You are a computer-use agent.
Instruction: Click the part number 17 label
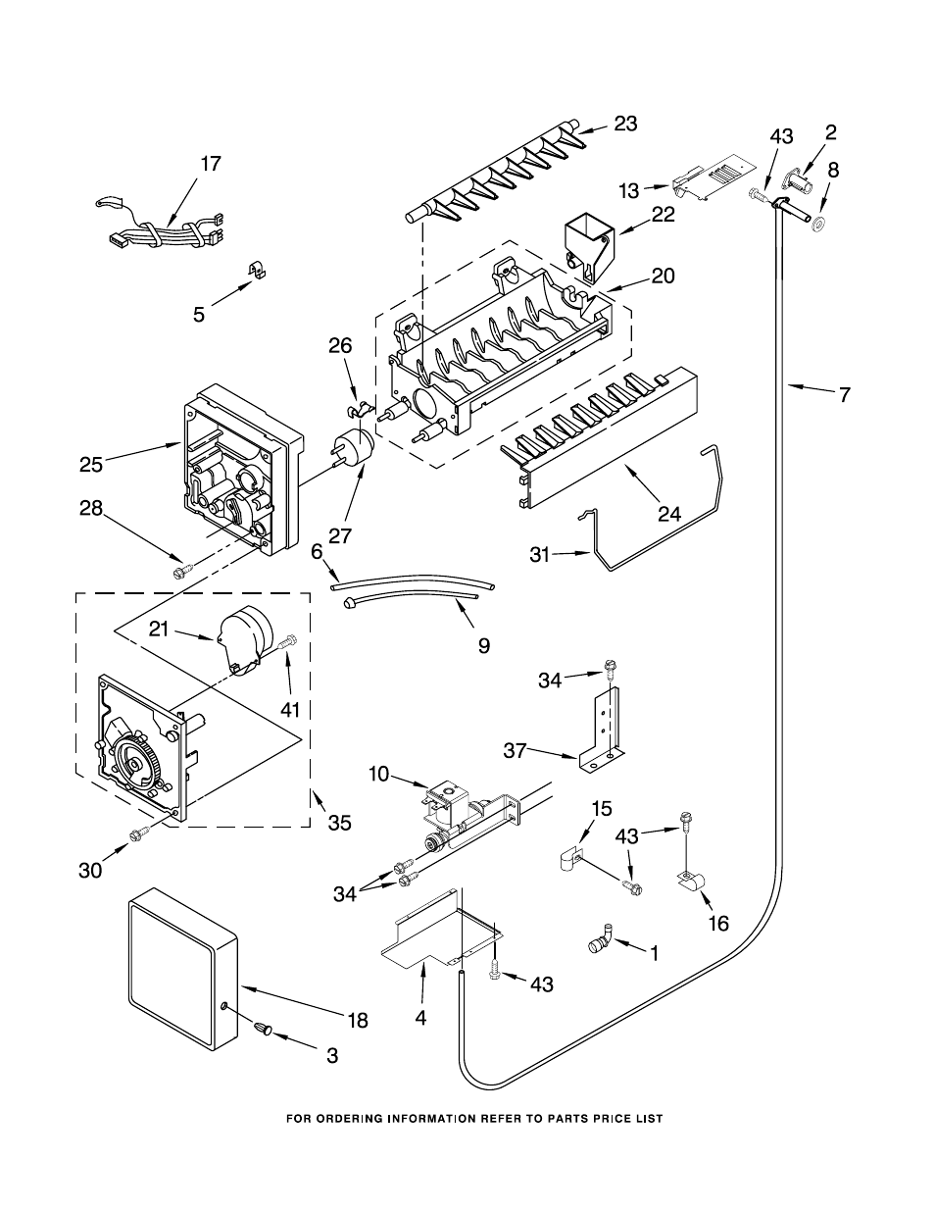[x=211, y=164]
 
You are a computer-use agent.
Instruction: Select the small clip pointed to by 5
[x=257, y=270]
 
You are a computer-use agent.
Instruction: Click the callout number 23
[x=625, y=124]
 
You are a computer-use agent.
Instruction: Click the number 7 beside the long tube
[x=846, y=395]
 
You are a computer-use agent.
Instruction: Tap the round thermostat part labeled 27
[x=354, y=449]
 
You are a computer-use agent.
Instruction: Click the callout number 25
[x=91, y=464]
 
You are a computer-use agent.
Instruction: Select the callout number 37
[x=516, y=751]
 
